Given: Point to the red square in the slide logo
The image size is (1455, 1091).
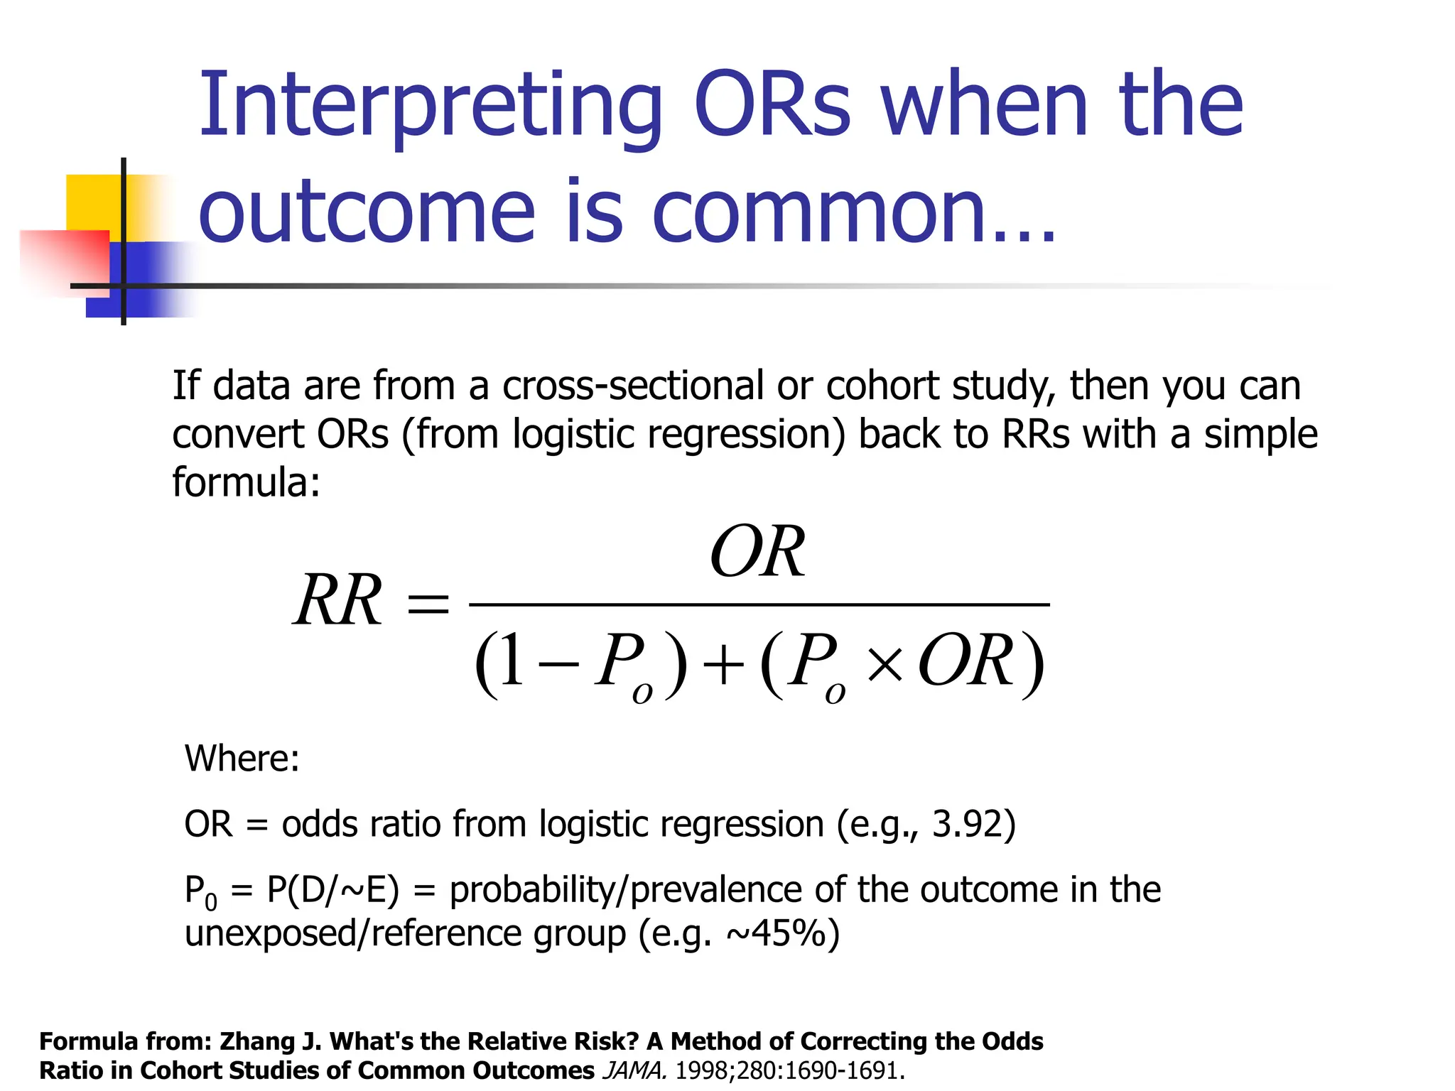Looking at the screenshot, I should pos(64,259).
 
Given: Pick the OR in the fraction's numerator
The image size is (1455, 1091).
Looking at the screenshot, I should pos(757,553).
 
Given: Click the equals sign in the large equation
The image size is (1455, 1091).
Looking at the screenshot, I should pos(427,604).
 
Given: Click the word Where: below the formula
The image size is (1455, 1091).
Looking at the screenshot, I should pos(242,759).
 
